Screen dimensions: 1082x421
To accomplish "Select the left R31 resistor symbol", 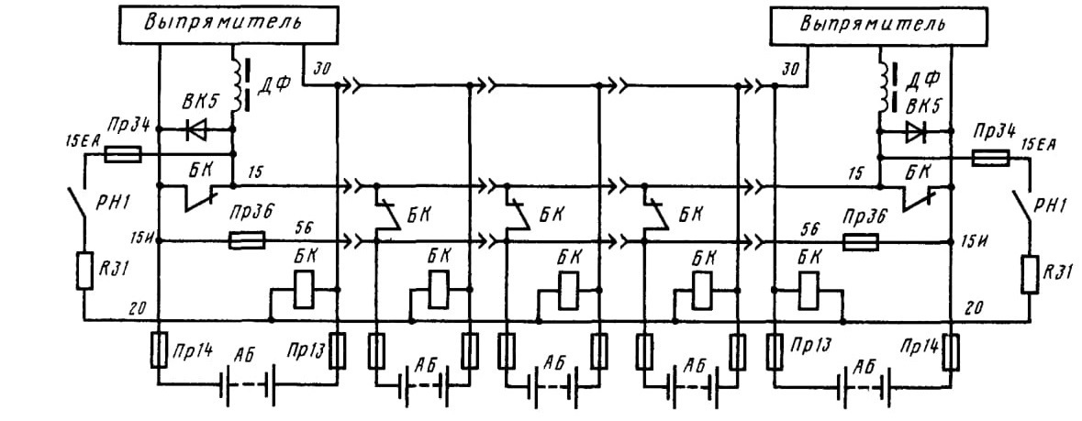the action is [84, 271].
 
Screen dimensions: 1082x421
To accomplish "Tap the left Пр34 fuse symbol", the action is [124, 155].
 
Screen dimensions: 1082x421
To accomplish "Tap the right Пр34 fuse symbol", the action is [990, 160].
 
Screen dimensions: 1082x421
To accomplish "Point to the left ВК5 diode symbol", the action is [196, 129].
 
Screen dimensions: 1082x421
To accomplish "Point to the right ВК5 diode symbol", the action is [917, 131].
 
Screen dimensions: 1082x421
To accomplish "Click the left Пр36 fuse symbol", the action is [245, 241].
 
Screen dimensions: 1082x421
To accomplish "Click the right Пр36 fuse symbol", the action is [861, 241].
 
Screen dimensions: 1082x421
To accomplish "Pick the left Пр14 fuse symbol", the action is [159, 349].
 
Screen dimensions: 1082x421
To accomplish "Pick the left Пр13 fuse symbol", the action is [338, 349].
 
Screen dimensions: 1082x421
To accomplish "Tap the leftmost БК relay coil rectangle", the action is [305, 290].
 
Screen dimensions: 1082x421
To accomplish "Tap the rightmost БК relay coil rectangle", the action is [808, 290].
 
